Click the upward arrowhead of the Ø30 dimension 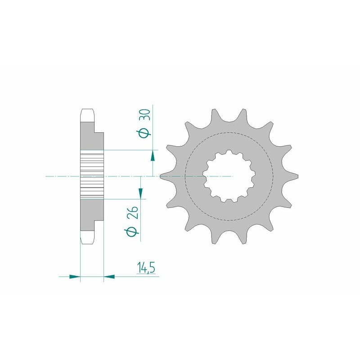(x=153, y=156)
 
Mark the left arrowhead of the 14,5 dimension (x=75, y=276)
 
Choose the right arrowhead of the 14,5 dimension (x=109, y=276)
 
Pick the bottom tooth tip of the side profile (x=87, y=242)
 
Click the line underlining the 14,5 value (x=144, y=276)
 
